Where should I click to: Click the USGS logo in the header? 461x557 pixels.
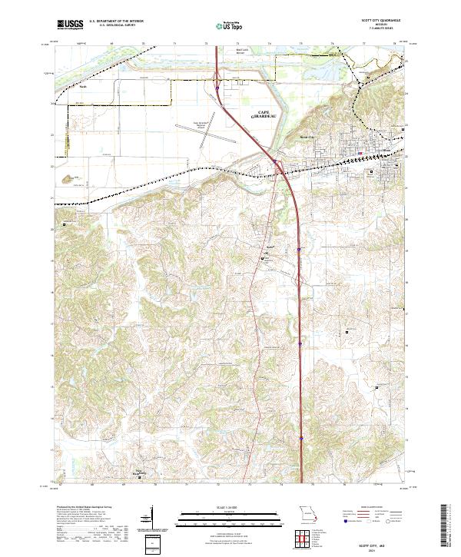pos(70,25)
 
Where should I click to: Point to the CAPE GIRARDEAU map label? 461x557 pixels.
pos(258,115)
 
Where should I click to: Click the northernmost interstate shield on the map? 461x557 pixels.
pos(217,89)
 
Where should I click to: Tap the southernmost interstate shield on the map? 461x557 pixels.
pos(300,440)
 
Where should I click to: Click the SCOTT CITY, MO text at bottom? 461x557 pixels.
pos(381,542)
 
